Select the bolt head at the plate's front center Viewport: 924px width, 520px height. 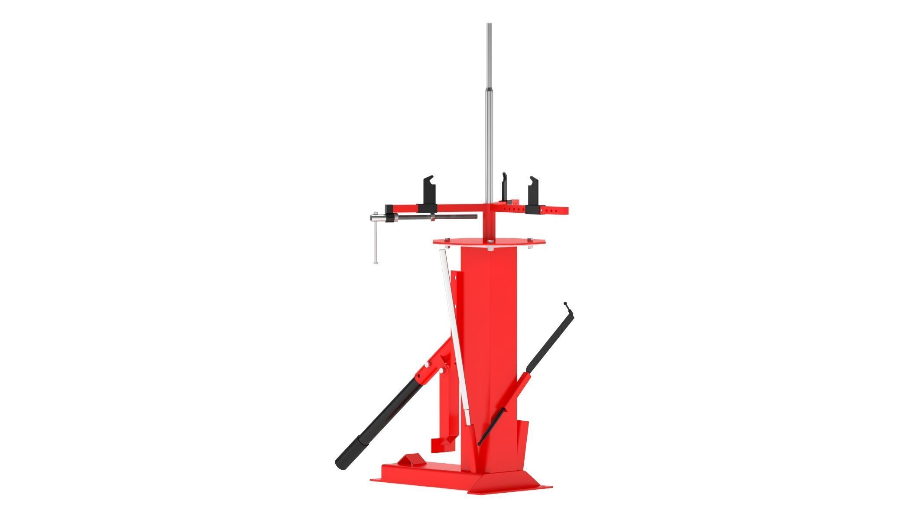(x=490, y=249)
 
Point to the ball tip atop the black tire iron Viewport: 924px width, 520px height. (x=566, y=303)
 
